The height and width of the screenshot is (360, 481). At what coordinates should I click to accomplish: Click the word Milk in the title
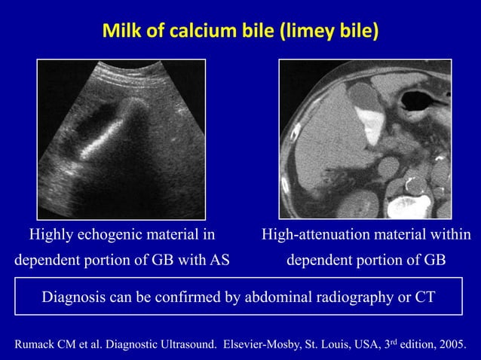pyautogui.click(x=120, y=32)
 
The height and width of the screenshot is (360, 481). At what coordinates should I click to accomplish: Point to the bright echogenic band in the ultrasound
pyautogui.click(x=106, y=139)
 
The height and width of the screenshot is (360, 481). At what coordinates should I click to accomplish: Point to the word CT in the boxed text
pyautogui.click(x=425, y=296)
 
